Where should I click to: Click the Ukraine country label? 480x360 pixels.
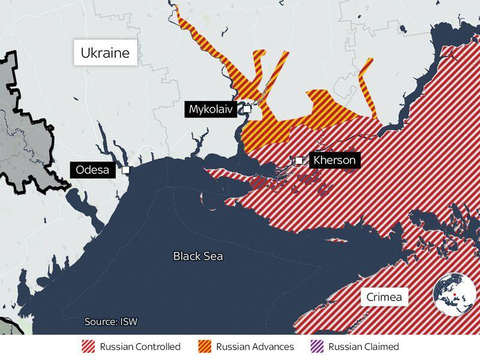(106, 53)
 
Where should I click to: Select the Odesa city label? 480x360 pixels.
(93, 170)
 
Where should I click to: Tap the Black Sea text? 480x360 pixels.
(198, 256)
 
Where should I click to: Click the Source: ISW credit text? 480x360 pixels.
(110, 322)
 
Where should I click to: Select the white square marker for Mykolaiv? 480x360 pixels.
(247, 109)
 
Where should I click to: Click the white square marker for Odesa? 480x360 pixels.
(125, 170)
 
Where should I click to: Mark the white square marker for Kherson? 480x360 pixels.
(299, 160)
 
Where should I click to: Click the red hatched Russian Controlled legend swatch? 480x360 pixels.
(88, 347)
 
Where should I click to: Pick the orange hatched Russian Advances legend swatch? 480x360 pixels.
(205, 347)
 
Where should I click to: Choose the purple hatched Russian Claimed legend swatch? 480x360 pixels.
(317, 347)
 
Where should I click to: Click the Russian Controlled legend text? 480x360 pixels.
(140, 347)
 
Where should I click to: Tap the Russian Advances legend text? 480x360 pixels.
(255, 347)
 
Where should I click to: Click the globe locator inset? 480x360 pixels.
(455, 293)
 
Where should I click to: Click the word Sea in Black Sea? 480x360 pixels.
(213, 256)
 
